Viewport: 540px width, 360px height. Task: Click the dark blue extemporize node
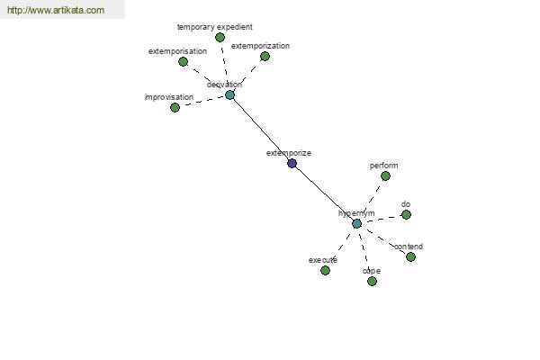pyautogui.click(x=292, y=163)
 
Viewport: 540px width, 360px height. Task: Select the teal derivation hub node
pyautogui.click(x=229, y=95)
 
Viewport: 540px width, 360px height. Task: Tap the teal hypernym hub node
pyautogui.click(x=356, y=224)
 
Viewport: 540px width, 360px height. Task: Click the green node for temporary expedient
pyautogui.click(x=220, y=37)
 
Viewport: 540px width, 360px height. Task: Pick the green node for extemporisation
pyautogui.click(x=183, y=62)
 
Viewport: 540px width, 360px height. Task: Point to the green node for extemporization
pyautogui.click(x=265, y=56)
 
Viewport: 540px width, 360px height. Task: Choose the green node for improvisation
pyautogui.click(x=175, y=107)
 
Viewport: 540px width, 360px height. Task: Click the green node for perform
pyautogui.click(x=385, y=176)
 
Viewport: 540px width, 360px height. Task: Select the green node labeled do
pyautogui.click(x=407, y=214)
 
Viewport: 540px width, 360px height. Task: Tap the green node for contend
pyautogui.click(x=410, y=256)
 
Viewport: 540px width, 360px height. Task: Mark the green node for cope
pyautogui.click(x=372, y=282)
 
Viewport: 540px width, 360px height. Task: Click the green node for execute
pyautogui.click(x=325, y=270)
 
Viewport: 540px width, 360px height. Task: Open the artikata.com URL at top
pyautogui.click(x=56, y=10)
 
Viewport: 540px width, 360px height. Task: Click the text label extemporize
pyautogui.click(x=289, y=153)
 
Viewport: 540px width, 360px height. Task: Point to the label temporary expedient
pyautogui.click(x=215, y=27)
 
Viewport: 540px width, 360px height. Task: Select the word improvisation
pyautogui.click(x=169, y=97)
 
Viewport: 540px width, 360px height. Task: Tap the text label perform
pyautogui.click(x=383, y=166)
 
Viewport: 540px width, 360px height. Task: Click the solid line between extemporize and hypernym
pyautogui.click(x=324, y=193)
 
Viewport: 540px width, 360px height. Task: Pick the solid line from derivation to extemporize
pyautogui.click(x=261, y=130)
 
